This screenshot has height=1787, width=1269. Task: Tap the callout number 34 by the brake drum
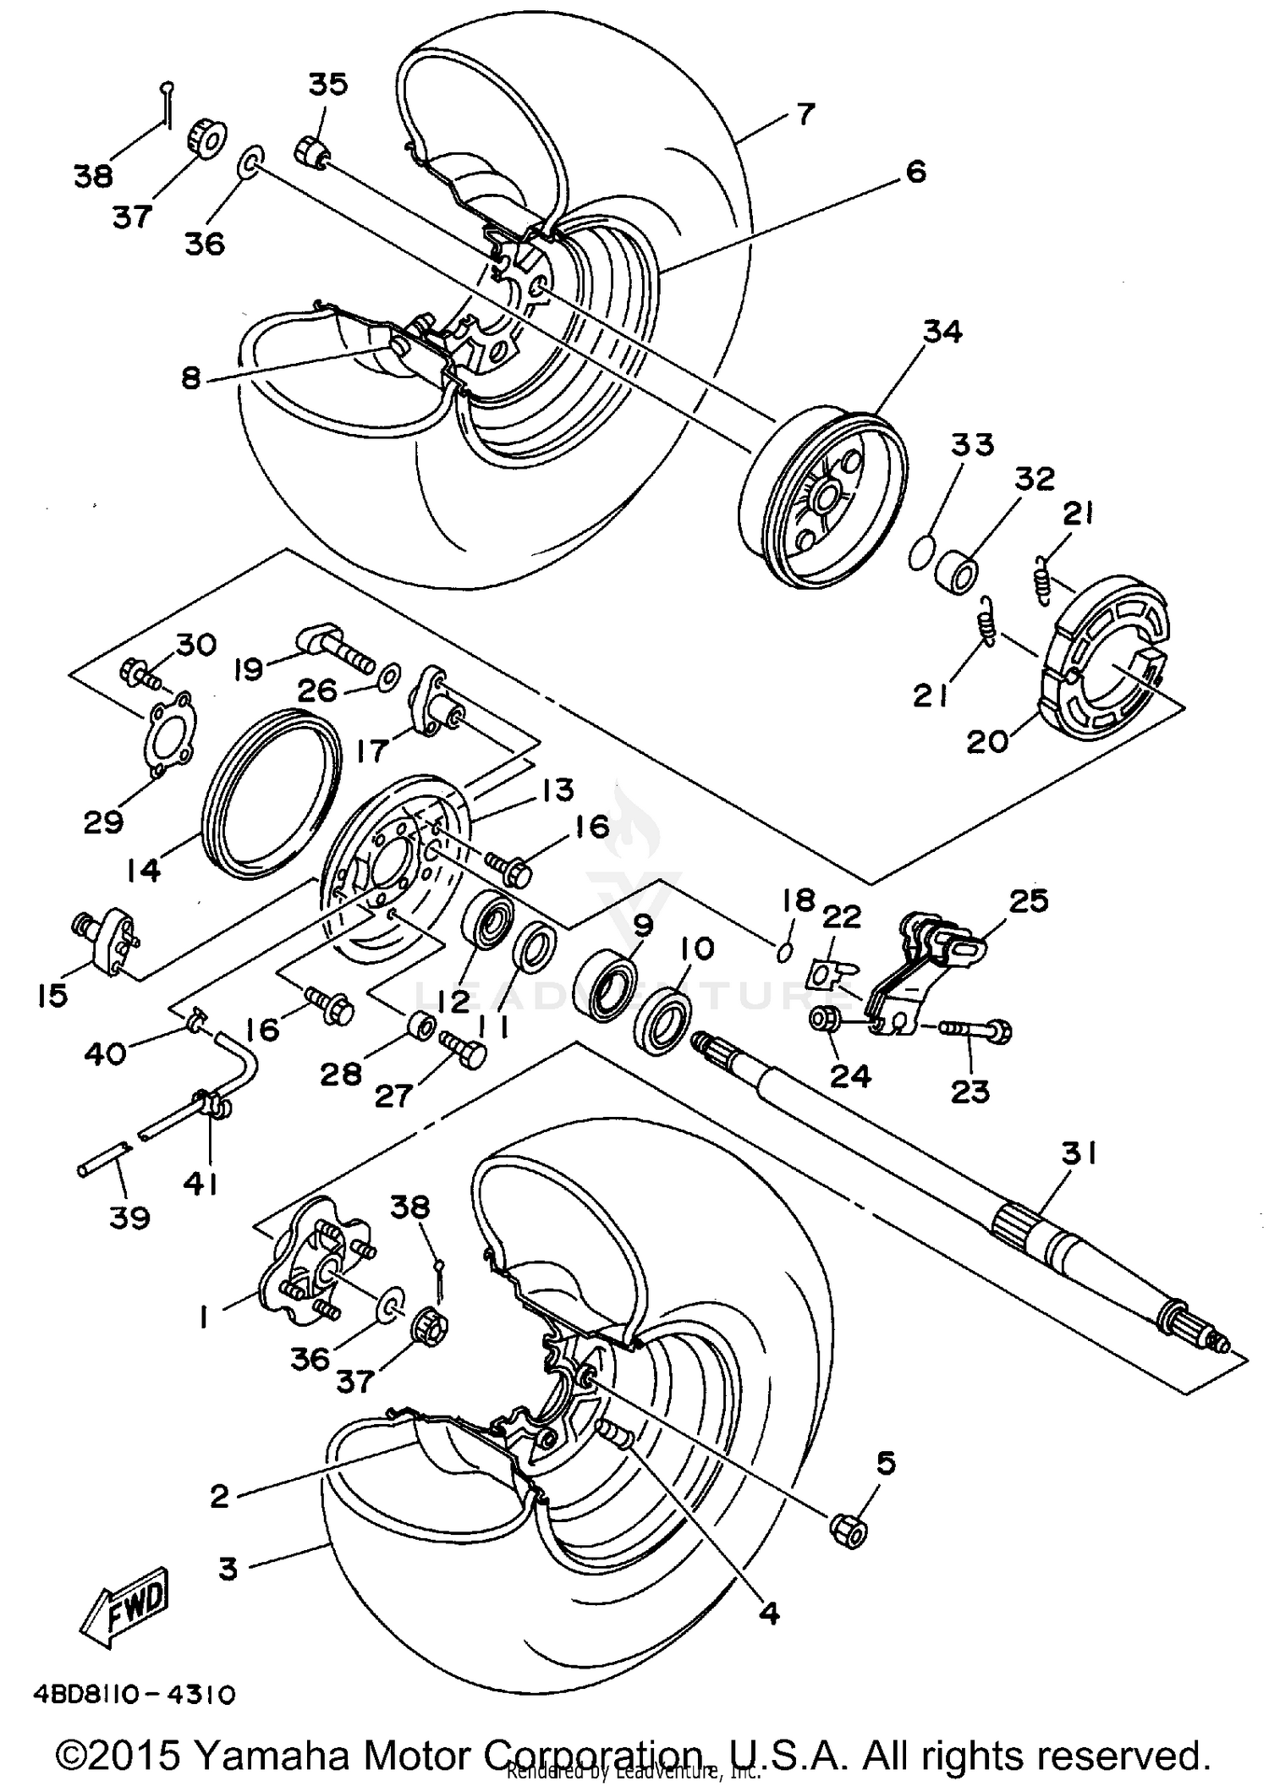coord(942,332)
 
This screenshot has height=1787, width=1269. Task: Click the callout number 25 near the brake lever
coord(1028,900)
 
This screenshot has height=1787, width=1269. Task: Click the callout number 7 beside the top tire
coord(805,113)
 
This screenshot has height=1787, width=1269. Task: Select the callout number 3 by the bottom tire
coord(228,1570)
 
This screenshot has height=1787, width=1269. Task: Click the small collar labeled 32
coord(957,575)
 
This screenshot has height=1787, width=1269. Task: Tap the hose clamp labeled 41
coord(209,1102)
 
